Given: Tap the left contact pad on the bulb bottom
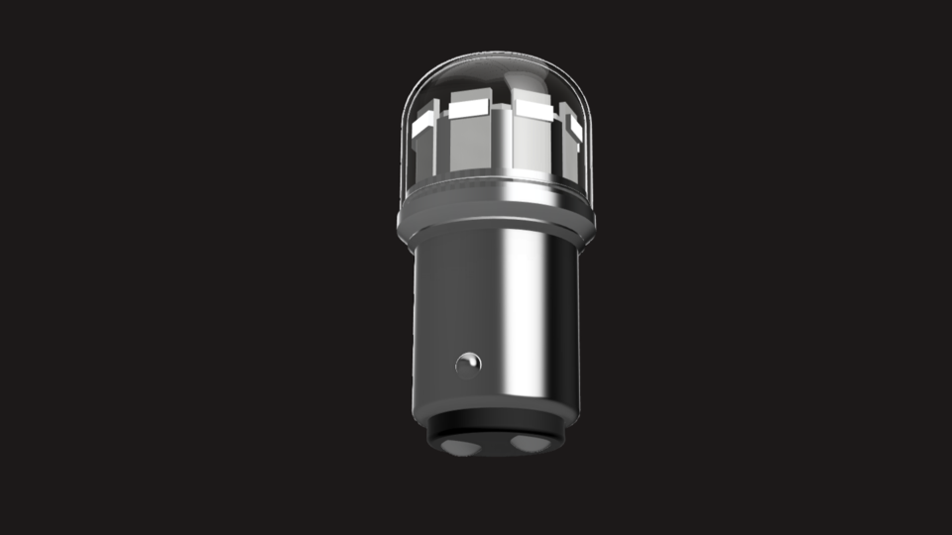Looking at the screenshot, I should (459, 447).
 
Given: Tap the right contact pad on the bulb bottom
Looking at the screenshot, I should (529, 444).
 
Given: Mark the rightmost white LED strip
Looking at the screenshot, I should (574, 126).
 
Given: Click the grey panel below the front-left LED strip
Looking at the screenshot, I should (470, 144).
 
